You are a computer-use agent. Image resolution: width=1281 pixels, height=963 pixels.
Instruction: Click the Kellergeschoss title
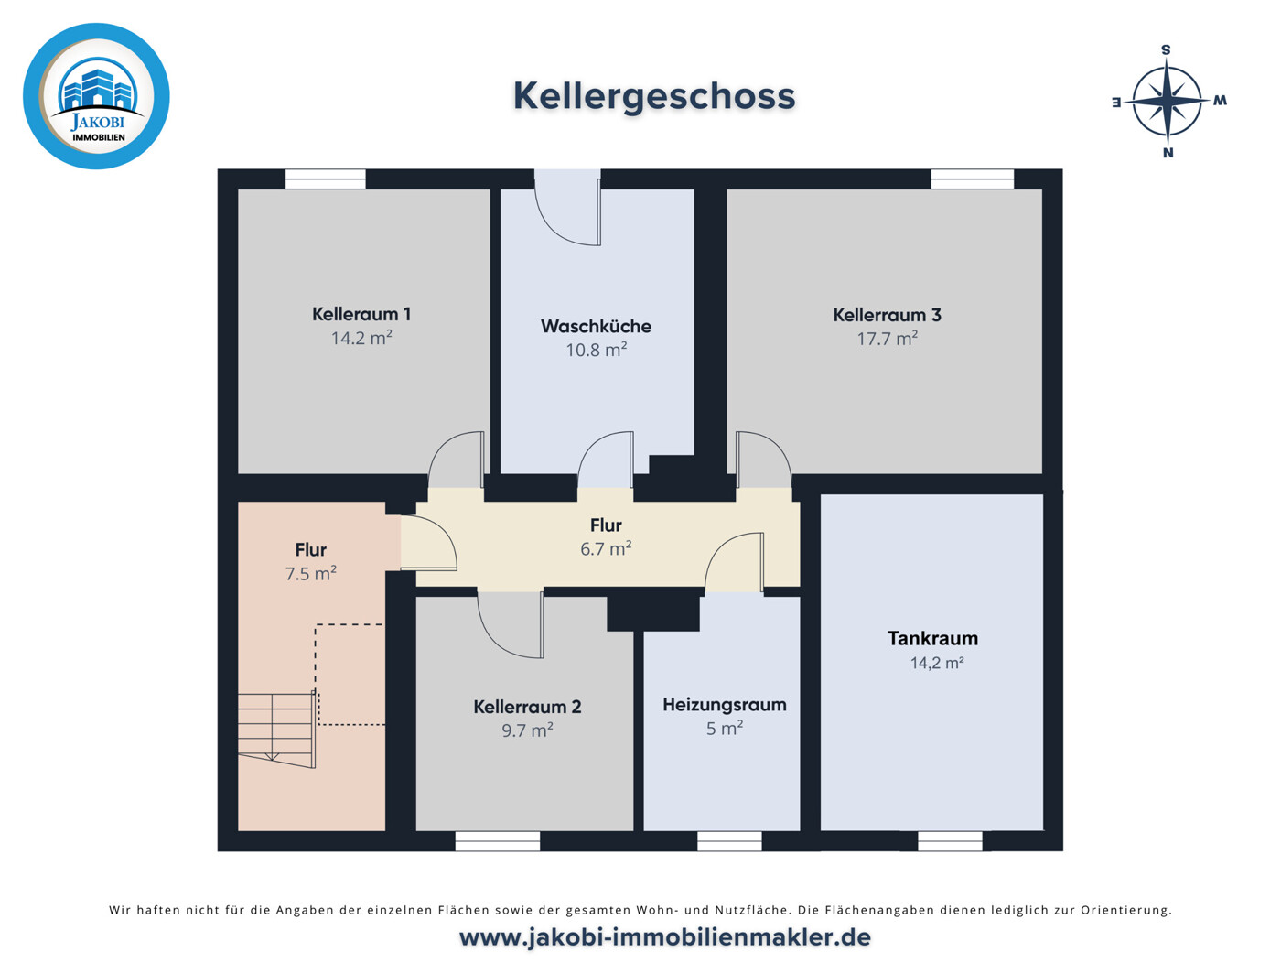653,96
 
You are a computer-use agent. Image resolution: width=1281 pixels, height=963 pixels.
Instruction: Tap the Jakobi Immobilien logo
96,96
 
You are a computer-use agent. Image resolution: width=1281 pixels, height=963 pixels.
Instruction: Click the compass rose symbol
1168,101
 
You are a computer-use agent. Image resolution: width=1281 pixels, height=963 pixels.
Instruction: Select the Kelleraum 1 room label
361,314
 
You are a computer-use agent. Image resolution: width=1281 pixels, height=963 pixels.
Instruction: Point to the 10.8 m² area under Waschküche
596,350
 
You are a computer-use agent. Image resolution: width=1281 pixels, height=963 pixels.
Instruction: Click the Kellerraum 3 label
887,315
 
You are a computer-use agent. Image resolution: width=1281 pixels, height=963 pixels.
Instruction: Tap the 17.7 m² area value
887,339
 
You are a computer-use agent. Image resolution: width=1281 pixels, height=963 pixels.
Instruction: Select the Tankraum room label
932,639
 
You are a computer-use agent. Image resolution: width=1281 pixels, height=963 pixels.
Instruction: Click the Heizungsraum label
725,705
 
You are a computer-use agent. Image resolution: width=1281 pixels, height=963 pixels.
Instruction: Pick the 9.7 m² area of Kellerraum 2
527,730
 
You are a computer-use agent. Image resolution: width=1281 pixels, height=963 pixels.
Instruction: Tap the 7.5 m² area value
310,574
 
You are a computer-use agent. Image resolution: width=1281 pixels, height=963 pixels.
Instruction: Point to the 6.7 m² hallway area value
606,549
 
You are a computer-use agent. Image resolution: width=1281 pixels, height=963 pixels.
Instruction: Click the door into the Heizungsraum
735,563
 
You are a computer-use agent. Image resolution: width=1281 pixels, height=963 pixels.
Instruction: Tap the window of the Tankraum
950,840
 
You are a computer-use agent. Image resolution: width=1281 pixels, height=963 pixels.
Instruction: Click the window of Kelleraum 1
325,179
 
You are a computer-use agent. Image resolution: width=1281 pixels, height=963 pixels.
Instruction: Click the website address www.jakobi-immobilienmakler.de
664,937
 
